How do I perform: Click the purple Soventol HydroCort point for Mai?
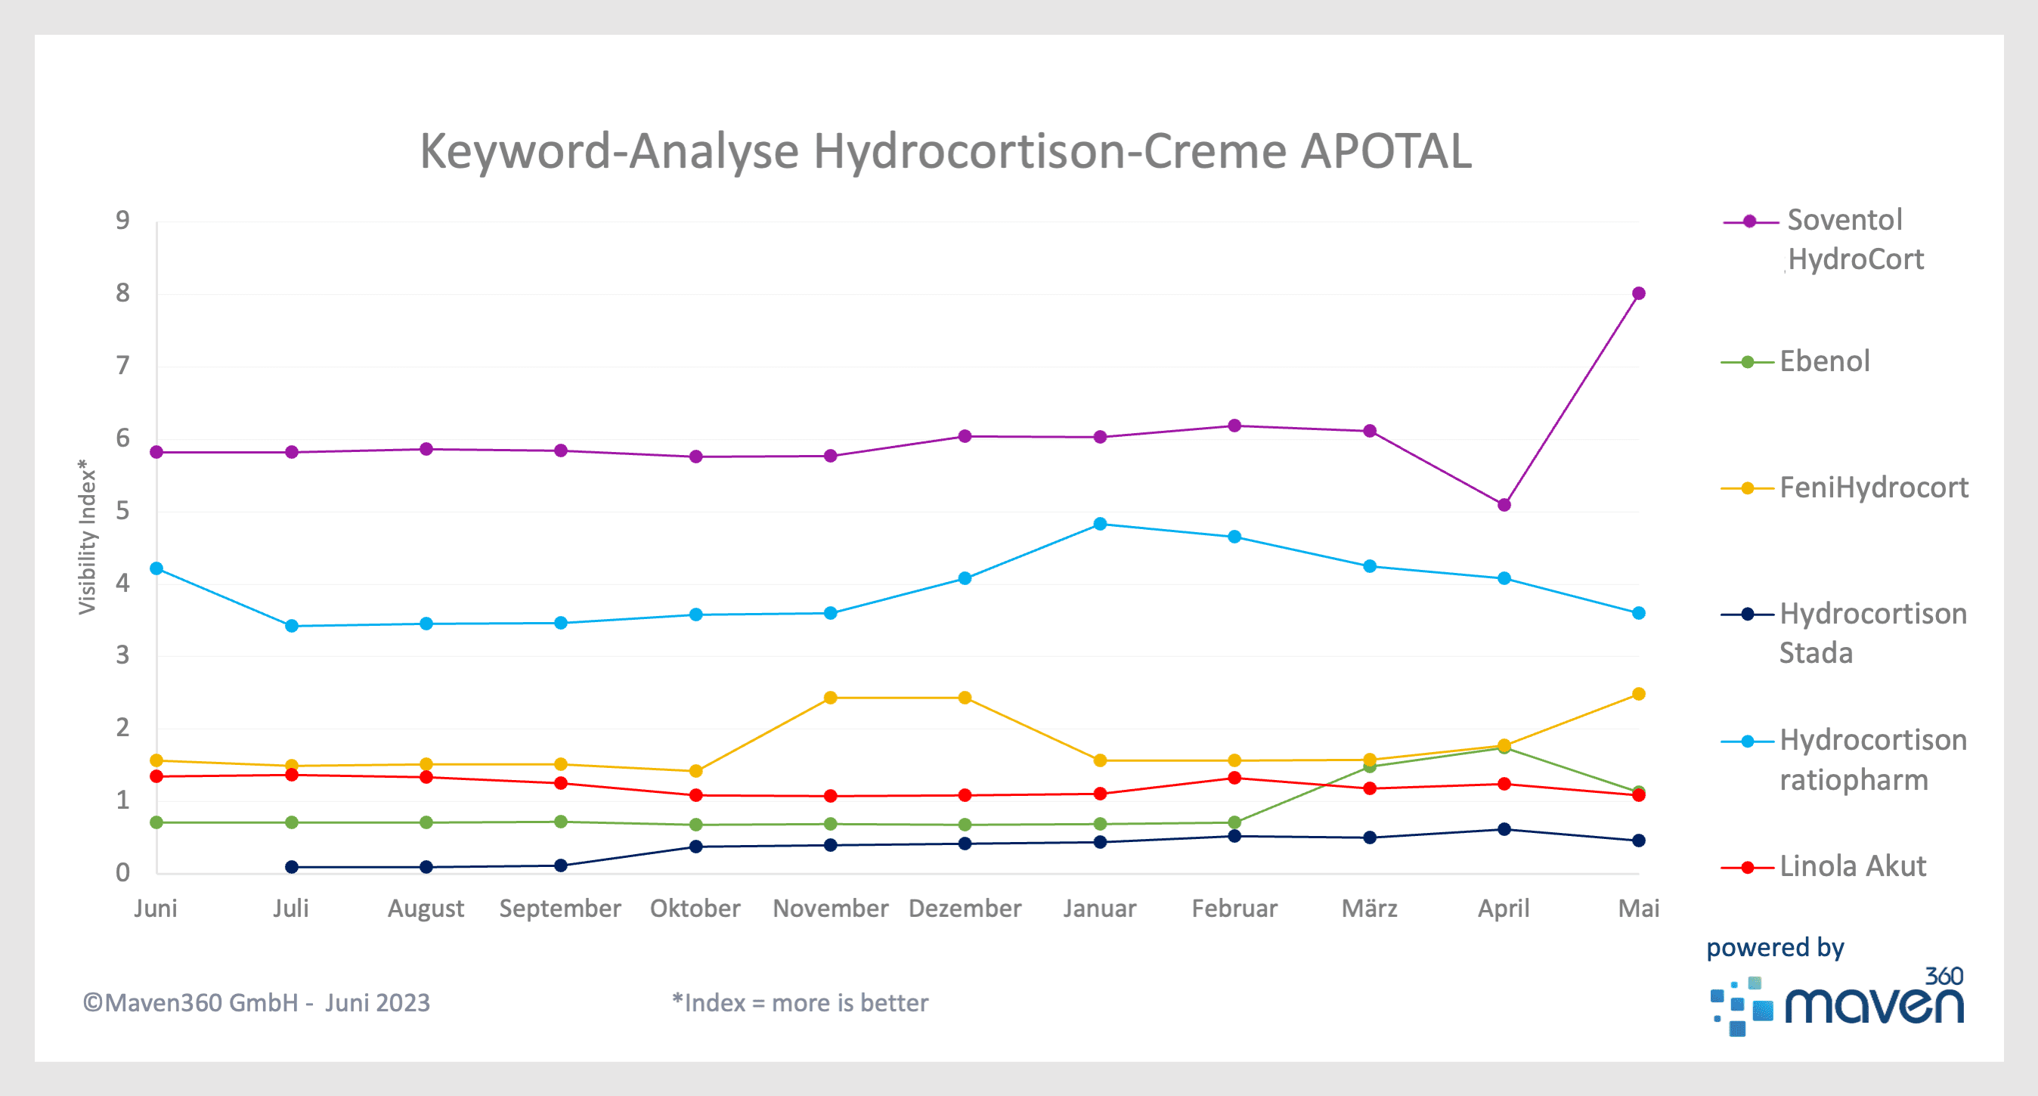pyautogui.click(x=1638, y=293)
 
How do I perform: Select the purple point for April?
pyautogui.click(x=1504, y=505)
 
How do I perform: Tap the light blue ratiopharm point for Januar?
pyautogui.click(x=1100, y=524)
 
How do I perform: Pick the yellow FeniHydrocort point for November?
pyautogui.click(x=831, y=698)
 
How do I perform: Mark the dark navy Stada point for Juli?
pyautogui.click(x=292, y=866)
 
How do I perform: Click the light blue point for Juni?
pyautogui.click(x=156, y=568)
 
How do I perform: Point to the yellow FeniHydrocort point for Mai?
pyautogui.click(x=1638, y=694)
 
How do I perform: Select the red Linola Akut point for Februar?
pyautogui.click(x=1234, y=778)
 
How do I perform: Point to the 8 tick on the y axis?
pyautogui.click(x=122, y=293)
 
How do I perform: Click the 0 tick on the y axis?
pyautogui.click(x=122, y=872)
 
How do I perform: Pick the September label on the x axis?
pyautogui.click(x=560, y=909)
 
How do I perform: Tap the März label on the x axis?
pyautogui.click(x=1370, y=909)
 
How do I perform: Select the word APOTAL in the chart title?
pyautogui.click(x=1386, y=150)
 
